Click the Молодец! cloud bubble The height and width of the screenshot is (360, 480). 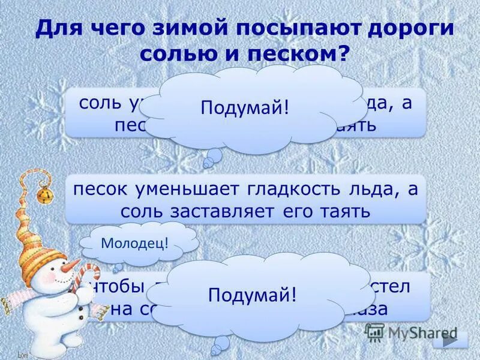point(134,243)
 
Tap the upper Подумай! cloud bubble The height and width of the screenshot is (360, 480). point(245,108)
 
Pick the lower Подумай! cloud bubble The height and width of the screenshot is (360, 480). point(252,295)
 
